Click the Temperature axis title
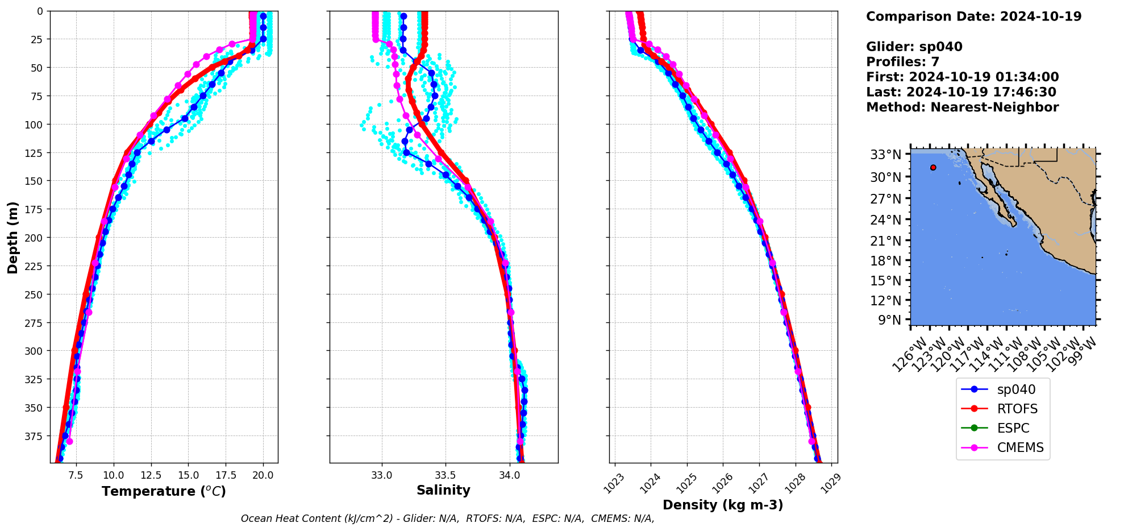(164, 491)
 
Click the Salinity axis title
(443, 490)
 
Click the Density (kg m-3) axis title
(723, 505)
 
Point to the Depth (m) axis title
(13, 237)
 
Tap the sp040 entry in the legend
(1016, 389)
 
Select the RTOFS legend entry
(1017, 409)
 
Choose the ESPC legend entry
(1013, 428)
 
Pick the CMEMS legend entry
(1020, 447)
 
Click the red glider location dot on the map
(933, 167)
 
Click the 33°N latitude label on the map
(885, 155)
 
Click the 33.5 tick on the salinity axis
(445, 475)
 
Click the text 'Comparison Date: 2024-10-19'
(973, 16)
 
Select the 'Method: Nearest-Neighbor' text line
(962, 107)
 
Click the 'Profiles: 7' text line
(902, 62)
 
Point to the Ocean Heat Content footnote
(447, 518)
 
